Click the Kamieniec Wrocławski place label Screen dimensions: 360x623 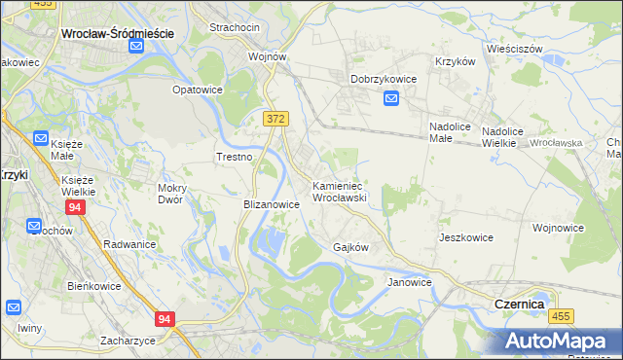[338, 191]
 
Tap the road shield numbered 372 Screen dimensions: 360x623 [275, 118]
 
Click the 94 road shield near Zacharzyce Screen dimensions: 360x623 [165, 319]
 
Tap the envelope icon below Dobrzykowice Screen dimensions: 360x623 [391, 98]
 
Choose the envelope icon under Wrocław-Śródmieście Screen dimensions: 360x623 [136, 46]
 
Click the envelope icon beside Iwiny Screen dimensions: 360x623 [14, 307]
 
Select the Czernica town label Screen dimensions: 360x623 [512, 305]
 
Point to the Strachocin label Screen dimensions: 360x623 [233, 27]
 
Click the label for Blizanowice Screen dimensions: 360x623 [270, 205]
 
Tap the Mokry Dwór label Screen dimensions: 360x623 [177, 193]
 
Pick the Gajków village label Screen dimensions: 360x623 [350, 247]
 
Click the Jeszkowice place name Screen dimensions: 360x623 [465, 237]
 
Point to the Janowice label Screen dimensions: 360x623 [409, 282]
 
